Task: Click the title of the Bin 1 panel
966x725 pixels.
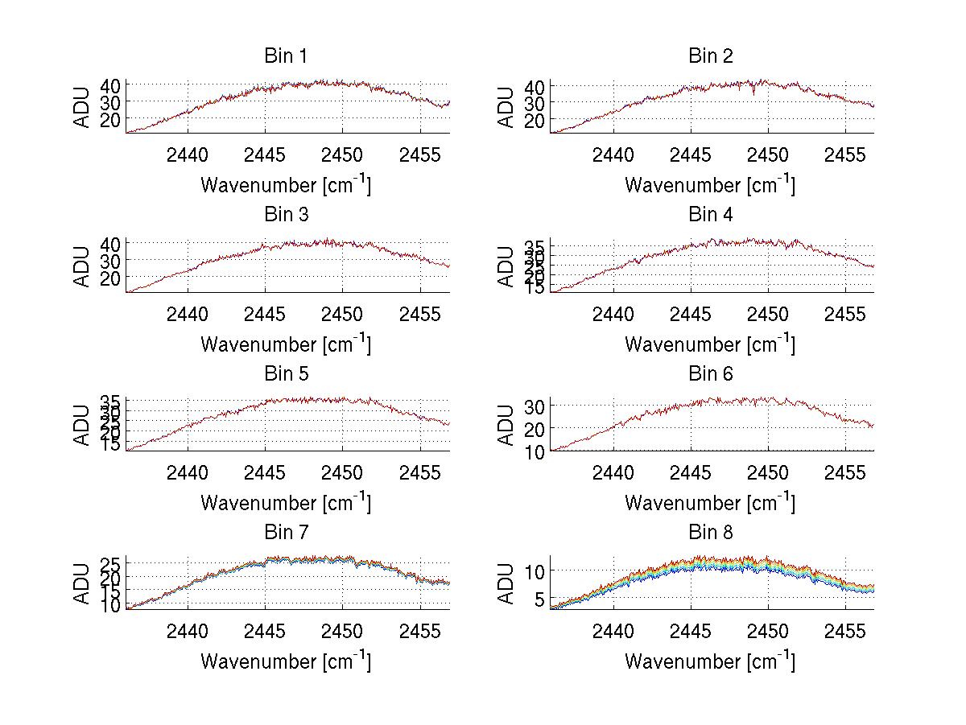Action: tap(286, 56)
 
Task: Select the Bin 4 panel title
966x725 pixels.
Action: tap(710, 214)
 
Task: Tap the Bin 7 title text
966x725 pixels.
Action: tap(286, 532)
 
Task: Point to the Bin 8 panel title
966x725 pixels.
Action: tap(710, 532)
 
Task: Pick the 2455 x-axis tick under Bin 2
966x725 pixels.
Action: tap(844, 154)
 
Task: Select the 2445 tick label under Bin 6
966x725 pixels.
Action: tap(690, 472)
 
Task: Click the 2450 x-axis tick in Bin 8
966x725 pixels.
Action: tap(767, 631)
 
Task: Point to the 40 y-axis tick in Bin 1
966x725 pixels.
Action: tap(110, 85)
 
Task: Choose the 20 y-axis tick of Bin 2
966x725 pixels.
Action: tap(535, 119)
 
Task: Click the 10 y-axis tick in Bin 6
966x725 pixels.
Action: tap(535, 452)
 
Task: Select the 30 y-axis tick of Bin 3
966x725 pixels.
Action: tap(110, 261)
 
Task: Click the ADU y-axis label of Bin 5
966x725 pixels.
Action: tap(82, 425)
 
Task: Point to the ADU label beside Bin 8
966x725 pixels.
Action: tap(506, 583)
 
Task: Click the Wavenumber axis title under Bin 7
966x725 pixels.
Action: tap(286, 661)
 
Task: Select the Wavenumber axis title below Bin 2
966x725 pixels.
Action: tap(710, 184)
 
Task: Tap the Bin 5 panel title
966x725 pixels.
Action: tap(286, 373)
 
